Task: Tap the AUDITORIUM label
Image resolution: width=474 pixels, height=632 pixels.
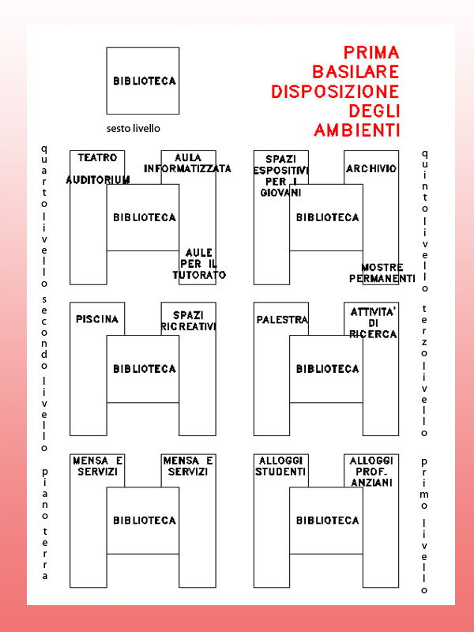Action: (x=98, y=180)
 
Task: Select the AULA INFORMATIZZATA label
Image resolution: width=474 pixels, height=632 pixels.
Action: (x=188, y=163)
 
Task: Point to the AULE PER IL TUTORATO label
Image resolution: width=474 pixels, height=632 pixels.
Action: (x=199, y=264)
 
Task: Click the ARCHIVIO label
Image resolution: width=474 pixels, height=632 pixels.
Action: (x=371, y=168)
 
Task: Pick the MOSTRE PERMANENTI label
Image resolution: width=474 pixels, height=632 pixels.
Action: (x=382, y=273)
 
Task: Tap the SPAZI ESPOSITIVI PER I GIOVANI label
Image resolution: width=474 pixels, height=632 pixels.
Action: (x=280, y=175)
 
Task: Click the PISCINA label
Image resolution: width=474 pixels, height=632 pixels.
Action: (x=98, y=319)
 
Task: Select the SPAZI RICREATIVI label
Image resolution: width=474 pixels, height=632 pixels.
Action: (x=188, y=321)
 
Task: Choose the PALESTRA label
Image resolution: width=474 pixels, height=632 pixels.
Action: (x=282, y=319)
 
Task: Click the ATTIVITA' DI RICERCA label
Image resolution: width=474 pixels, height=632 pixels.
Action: (x=374, y=323)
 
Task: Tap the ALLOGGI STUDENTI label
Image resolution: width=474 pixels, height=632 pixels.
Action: (x=280, y=466)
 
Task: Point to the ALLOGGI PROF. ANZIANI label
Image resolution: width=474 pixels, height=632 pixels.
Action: (x=371, y=471)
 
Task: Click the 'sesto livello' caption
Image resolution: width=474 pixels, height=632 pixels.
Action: (x=138, y=128)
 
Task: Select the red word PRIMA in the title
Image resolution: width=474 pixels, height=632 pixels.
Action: (x=371, y=53)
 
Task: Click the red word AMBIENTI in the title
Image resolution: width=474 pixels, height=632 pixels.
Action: (x=356, y=130)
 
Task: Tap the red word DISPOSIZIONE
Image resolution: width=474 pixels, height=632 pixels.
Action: (x=335, y=92)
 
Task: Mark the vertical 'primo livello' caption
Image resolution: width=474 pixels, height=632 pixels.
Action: (x=424, y=525)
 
